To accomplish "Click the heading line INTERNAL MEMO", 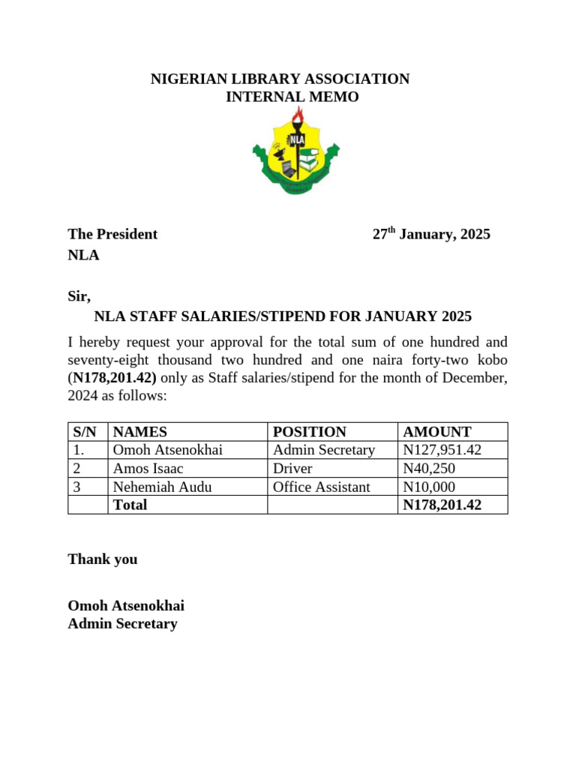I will (x=292, y=97).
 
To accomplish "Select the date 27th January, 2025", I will (x=431, y=234).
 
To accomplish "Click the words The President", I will (x=112, y=234).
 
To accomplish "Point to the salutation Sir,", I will (x=79, y=296).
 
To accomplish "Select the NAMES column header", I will (x=139, y=432).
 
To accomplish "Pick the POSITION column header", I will (x=309, y=432).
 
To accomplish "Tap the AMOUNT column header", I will (x=436, y=432).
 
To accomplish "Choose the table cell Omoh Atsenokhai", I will (x=167, y=450).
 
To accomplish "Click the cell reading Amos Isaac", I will (x=148, y=469).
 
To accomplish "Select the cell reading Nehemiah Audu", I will (x=162, y=487).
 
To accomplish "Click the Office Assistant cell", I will (x=321, y=487).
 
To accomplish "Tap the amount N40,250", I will (x=429, y=469).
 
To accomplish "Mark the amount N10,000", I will (x=429, y=487).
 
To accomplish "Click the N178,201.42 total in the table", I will (x=442, y=505).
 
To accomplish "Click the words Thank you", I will (x=102, y=559).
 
